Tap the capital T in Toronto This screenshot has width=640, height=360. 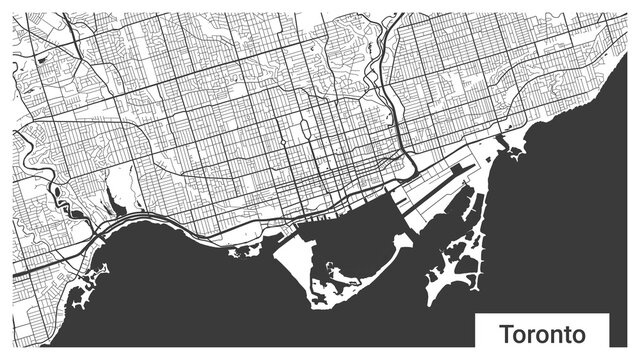[x=505, y=331]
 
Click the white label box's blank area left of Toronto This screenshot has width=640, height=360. [x=485, y=332]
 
